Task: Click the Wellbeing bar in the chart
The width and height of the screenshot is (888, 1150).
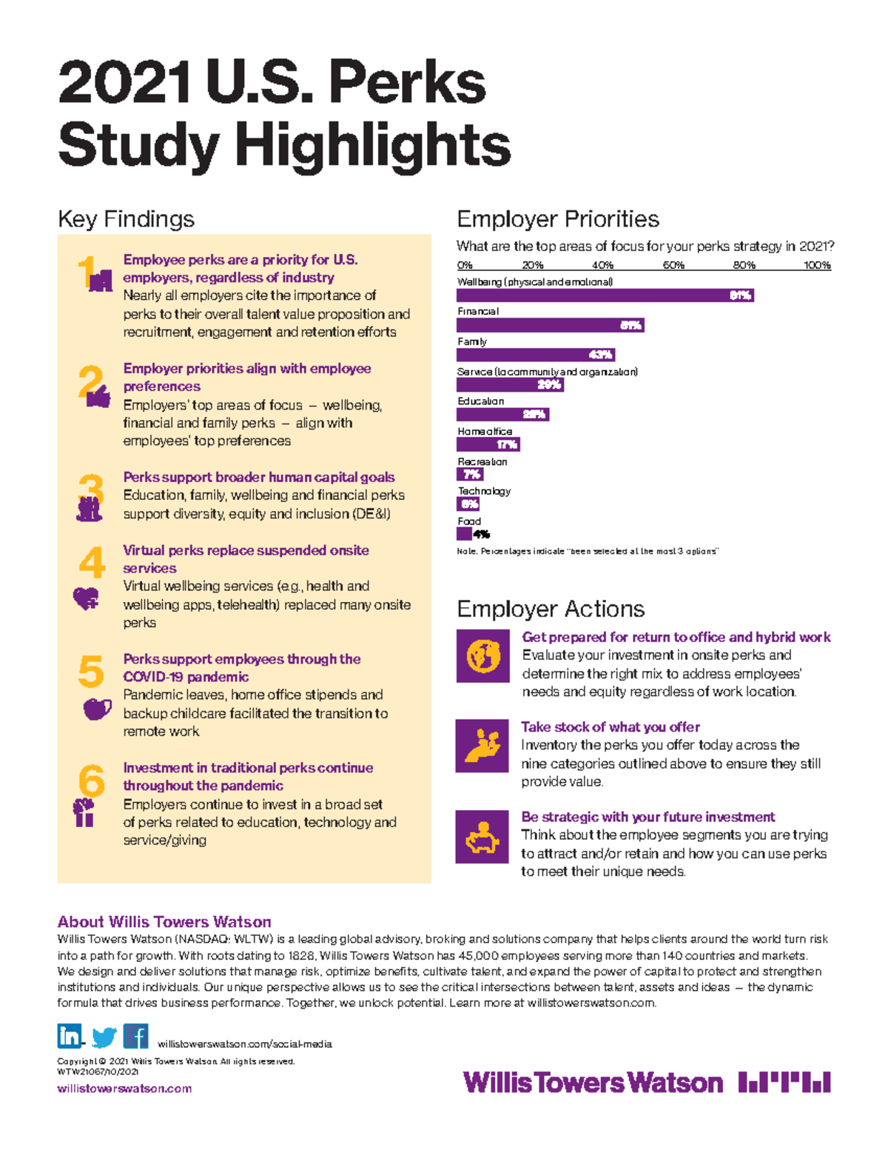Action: pos(605,295)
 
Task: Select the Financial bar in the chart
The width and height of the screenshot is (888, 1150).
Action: pos(550,325)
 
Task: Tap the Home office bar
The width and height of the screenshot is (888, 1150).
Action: pos(488,444)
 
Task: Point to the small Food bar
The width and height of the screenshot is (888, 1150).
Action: pos(464,534)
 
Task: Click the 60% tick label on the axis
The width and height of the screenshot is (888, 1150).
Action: pos(673,265)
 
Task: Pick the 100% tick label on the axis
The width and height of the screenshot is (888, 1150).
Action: pos(817,265)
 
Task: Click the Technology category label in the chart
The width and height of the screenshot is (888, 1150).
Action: pos(484,491)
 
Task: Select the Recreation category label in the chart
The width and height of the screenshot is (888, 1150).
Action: pos(482,461)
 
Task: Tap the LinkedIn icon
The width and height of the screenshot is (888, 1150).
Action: pos(70,1035)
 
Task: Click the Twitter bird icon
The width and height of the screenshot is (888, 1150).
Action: pos(104,1037)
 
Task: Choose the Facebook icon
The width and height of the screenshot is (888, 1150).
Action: pos(135,1035)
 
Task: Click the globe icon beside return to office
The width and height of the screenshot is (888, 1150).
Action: pos(482,656)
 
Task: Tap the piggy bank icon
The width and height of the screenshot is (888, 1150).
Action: pos(482,837)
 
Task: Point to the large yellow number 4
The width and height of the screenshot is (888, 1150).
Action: pos(92,562)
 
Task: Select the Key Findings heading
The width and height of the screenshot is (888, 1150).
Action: pos(126,219)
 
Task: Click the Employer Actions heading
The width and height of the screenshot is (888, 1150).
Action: pos(551,609)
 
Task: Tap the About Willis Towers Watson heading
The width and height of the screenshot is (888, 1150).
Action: pos(164,922)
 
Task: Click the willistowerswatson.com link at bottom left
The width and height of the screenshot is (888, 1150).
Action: pos(124,1089)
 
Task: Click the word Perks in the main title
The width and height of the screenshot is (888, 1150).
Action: pos(407,83)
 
